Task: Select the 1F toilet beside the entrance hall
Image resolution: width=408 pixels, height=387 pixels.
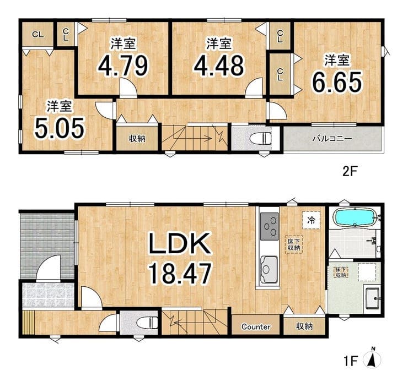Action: click(x=147, y=323)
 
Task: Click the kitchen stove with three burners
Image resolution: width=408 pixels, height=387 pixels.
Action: click(x=269, y=226)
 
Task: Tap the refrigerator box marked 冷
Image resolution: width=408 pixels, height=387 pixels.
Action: click(x=311, y=220)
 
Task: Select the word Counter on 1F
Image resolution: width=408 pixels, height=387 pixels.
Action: click(x=256, y=326)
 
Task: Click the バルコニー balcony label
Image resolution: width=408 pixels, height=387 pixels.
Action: click(x=332, y=138)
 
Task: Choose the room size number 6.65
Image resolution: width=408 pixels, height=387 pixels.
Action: click(x=337, y=81)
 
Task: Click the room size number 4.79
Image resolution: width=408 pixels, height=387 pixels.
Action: click(x=123, y=65)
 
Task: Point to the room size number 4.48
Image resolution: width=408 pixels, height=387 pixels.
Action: click(x=219, y=65)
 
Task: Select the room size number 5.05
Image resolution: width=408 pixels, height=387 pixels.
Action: click(x=60, y=128)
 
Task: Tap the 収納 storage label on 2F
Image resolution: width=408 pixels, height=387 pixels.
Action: click(x=137, y=139)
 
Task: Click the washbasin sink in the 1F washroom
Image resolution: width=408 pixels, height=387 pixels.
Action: click(x=372, y=298)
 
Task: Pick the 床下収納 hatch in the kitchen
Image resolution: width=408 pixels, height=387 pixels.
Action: click(x=294, y=244)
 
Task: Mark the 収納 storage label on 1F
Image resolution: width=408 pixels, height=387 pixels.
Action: click(x=304, y=326)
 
